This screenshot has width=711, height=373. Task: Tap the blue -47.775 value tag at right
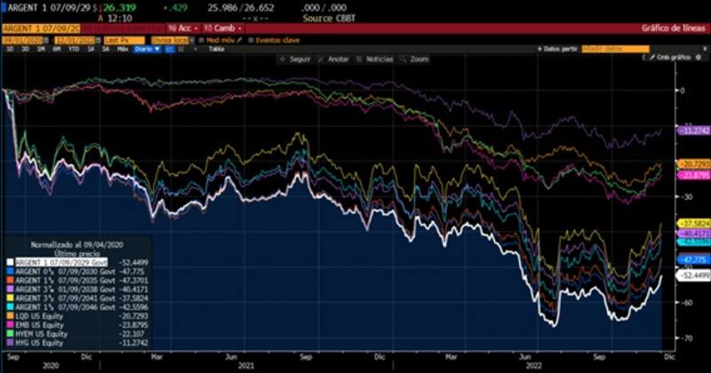(x=693, y=258)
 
